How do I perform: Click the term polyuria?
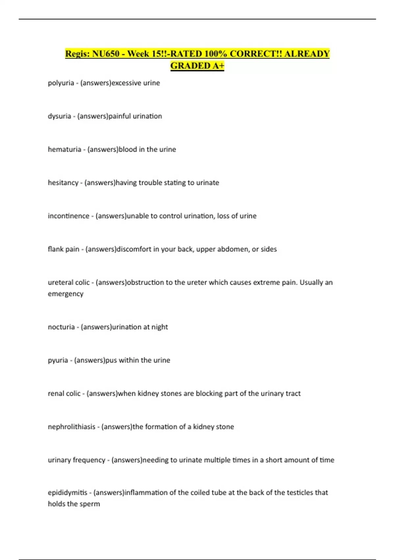(61, 83)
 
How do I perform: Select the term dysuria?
(59, 116)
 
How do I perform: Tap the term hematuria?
(65, 150)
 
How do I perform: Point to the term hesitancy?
(63, 183)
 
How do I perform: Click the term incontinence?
(68, 216)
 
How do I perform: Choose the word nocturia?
(61, 327)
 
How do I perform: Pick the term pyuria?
(58, 360)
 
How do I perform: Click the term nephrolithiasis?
(71, 427)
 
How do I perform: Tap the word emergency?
(66, 294)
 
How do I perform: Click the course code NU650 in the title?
(106, 54)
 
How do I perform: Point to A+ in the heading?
(218, 66)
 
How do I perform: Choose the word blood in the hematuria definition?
(128, 150)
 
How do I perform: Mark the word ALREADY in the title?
(307, 54)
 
